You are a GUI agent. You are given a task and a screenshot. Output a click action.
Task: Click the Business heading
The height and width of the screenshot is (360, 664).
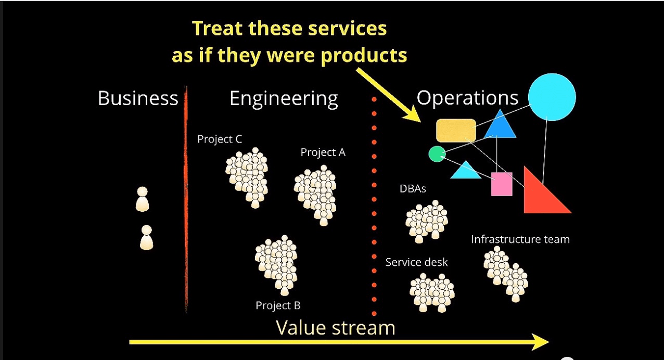[138, 98]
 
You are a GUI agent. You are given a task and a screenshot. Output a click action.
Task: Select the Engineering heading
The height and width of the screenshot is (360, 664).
[284, 99]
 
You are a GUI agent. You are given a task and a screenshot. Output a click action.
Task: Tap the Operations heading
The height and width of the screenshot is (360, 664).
[467, 98]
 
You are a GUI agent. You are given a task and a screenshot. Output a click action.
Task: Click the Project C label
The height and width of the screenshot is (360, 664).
[220, 139]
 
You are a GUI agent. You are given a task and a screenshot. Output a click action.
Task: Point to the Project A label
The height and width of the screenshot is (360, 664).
[323, 152]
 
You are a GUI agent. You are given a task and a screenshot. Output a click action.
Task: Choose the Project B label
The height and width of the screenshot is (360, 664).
[278, 305]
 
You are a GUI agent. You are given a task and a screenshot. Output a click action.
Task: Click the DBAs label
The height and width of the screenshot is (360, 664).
[413, 189]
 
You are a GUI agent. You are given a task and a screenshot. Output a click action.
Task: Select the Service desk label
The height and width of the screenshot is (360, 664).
[416, 262]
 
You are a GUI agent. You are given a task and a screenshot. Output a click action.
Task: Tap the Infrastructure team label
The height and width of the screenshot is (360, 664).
[520, 239]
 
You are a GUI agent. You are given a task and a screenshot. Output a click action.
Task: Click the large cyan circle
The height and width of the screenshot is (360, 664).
[552, 97]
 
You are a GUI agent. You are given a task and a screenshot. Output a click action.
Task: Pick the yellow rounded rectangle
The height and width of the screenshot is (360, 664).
[456, 131]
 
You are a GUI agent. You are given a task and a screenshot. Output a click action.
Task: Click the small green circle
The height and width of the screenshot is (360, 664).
[437, 154]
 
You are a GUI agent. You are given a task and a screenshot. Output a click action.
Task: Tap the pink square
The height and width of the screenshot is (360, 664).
[502, 184]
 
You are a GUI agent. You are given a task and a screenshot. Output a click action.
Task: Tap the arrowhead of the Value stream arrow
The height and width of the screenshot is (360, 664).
[540, 342]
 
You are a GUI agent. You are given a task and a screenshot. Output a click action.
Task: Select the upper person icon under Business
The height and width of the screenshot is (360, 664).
[142, 199]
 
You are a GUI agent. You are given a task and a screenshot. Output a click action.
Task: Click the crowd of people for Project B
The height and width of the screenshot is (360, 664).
[276, 265]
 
